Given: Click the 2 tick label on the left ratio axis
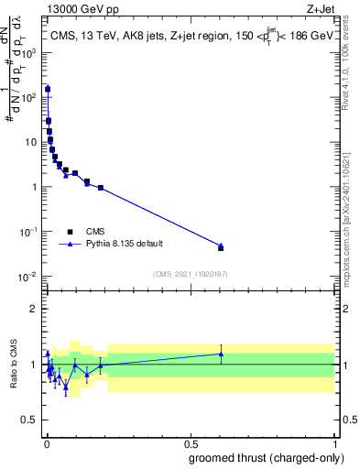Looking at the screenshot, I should tap(34, 309).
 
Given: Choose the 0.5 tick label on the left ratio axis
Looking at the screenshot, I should tap(30, 420).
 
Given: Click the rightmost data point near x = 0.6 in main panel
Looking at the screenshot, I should tap(221, 246).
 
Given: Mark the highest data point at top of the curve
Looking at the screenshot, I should tap(48, 89).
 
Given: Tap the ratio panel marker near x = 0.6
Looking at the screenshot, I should tap(221, 354).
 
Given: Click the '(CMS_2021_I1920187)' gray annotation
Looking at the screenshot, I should tap(190, 274).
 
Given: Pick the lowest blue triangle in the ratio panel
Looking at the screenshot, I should tap(66, 387).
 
